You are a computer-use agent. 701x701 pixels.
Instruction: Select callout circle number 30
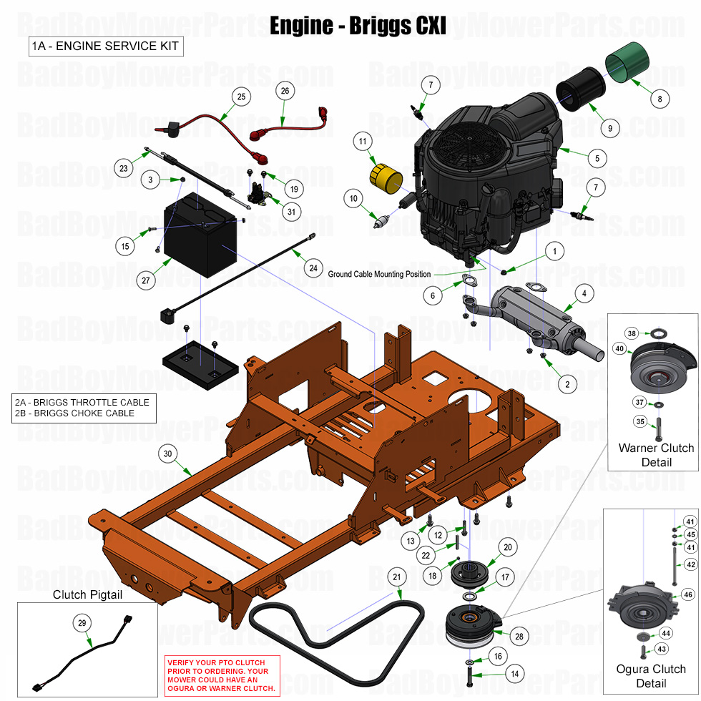click(x=168, y=454)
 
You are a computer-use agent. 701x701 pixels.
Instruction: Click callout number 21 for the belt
click(x=397, y=577)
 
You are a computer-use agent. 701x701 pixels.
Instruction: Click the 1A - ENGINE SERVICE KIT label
click(x=105, y=47)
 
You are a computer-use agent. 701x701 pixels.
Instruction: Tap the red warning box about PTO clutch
click(x=222, y=675)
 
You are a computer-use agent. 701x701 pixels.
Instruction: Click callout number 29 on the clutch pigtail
click(x=82, y=624)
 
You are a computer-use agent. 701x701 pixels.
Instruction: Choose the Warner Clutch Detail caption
click(x=656, y=455)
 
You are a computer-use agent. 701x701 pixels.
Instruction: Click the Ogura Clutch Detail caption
click(x=651, y=676)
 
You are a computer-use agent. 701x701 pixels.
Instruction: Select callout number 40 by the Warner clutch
click(x=619, y=348)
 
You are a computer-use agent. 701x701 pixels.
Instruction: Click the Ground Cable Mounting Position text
click(x=379, y=274)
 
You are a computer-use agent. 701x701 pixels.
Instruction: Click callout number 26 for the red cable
click(x=285, y=91)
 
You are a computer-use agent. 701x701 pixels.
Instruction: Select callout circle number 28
click(x=517, y=636)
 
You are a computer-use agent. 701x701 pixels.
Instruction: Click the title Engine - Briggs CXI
click(x=358, y=26)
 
